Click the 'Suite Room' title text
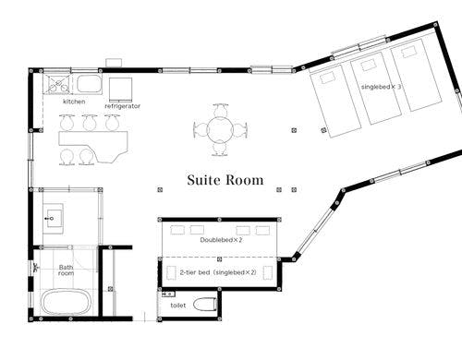(225, 180)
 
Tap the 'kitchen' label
(74, 102)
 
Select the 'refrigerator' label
(122, 106)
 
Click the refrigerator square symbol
(121, 90)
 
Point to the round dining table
(220, 130)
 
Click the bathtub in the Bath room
(67, 302)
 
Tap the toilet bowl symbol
(205, 305)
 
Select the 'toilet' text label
(178, 306)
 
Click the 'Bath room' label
(67, 270)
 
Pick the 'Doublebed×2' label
(221, 240)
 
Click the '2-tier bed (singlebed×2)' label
(218, 272)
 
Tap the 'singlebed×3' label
(381, 87)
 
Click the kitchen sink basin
(89, 84)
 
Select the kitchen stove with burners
(58, 84)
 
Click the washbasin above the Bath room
(53, 219)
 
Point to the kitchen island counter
(93, 144)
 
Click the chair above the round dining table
(221, 110)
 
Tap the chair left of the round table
(201, 130)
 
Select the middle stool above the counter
(90, 122)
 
